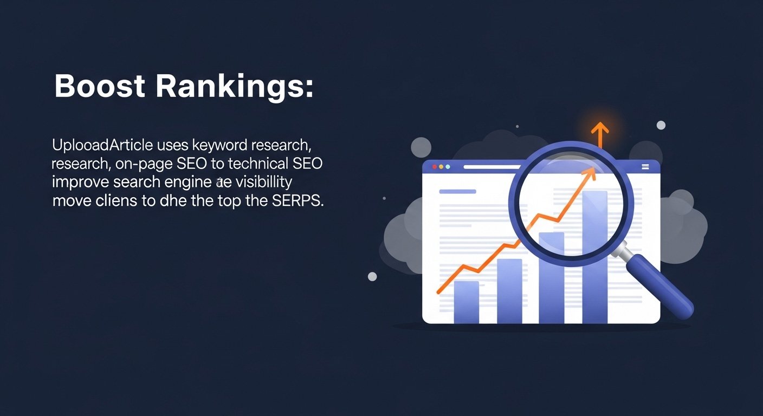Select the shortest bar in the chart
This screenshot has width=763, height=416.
tap(466, 302)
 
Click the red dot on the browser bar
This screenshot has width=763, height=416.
tap(433, 167)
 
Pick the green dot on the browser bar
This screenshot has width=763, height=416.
tap(448, 167)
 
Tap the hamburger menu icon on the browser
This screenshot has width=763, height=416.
tap(645, 167)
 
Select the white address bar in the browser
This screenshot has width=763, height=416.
tap(488, 167)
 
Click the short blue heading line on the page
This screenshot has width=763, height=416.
tap(457, 191)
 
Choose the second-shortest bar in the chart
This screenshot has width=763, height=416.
tap(509, 291)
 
